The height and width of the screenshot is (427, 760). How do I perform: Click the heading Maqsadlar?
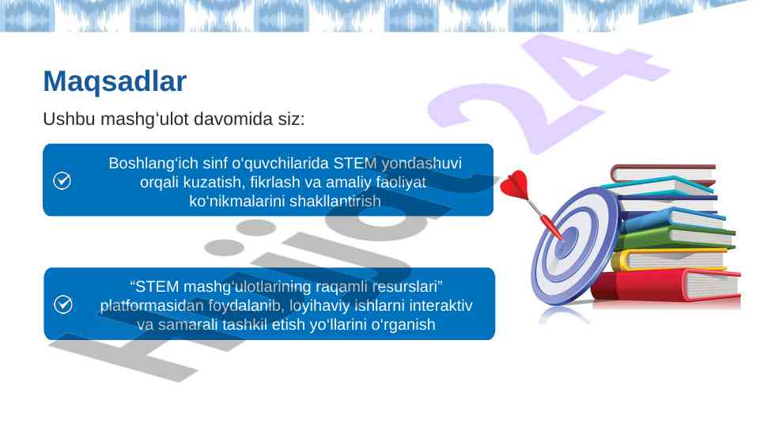(x=115, y=81)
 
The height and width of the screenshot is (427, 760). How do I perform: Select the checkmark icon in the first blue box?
(x=62, y=181)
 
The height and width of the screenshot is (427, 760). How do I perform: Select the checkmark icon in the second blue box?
(x=63, y=304)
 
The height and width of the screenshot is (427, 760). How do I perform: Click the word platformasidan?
(x=152, y=306)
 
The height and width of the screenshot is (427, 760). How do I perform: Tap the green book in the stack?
(x=676, y=237)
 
